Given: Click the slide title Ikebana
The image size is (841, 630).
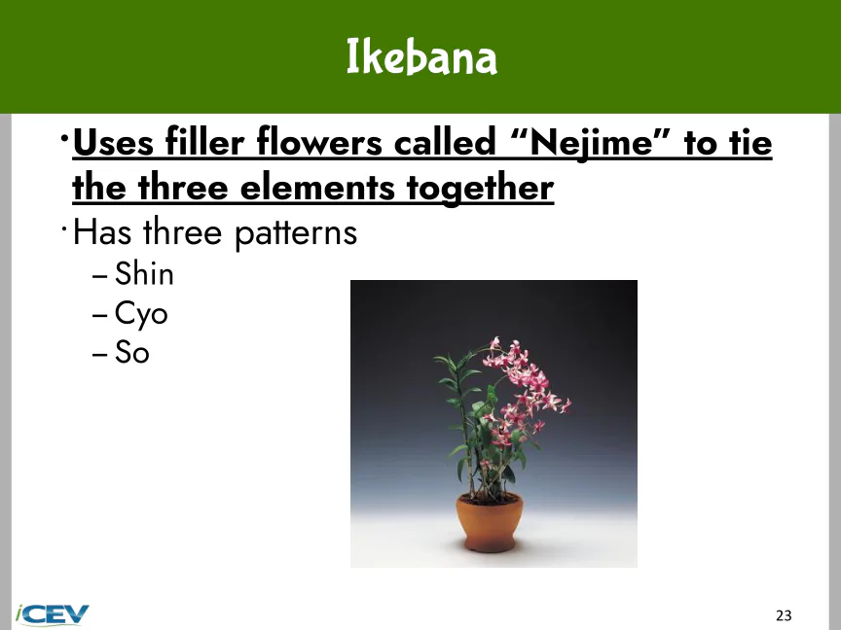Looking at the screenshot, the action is (x=421, y=56).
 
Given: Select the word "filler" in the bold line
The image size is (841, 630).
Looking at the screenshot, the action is (x=204, y=143).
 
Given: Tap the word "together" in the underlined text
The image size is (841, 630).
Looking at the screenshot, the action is (x=480, y=188).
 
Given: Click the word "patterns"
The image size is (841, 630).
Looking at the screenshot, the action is (x=296, y=234).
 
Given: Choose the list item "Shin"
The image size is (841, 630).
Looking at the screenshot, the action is (x=144, y=274).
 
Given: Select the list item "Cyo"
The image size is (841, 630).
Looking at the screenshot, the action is (x=141, y=314).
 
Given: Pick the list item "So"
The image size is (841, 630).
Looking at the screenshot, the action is (x=132, y=353).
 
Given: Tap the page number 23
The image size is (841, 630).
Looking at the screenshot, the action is (x=784, y=615).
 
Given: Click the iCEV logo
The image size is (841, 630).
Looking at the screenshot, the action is (x=52, y=615).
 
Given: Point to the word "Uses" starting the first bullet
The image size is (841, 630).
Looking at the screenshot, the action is (x=113, y=143).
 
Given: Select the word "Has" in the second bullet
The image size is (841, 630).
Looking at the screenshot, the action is (x=102, y=232).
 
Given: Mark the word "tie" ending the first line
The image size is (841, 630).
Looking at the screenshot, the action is (x=750, y=143).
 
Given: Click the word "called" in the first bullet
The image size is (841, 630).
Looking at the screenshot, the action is (x=445, y=143).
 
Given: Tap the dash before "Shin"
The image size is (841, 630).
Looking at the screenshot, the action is (x=99, y=276).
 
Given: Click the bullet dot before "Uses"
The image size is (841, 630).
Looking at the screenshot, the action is (x=64, y=139).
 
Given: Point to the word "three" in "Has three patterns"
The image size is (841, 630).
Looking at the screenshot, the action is (x=183, y=232).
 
